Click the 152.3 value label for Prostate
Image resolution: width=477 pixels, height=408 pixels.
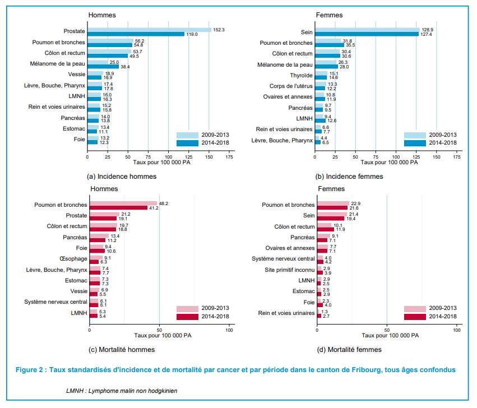219,29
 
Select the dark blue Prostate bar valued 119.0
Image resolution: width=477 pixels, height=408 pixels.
136,34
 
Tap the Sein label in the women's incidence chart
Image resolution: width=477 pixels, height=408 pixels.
307,32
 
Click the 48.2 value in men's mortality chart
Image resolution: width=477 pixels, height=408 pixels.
164,203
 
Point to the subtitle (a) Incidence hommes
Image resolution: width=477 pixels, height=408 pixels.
122,177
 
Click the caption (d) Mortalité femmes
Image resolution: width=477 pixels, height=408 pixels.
349,350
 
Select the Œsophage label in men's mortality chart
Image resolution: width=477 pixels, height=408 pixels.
72,259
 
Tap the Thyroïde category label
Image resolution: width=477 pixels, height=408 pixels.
301,75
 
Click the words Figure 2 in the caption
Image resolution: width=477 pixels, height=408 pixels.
31,370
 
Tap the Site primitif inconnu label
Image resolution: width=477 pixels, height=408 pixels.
288,270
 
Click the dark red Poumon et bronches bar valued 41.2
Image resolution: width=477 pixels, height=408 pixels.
118,208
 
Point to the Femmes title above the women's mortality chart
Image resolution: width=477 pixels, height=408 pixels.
331,189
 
